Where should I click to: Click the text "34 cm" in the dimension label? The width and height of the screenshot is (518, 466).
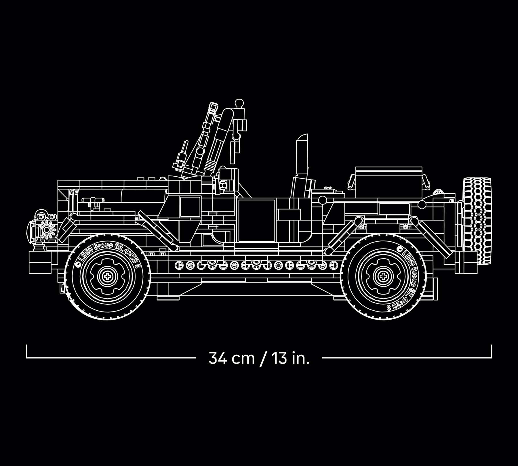[232, 358]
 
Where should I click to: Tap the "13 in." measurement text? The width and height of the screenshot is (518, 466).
[290, 358]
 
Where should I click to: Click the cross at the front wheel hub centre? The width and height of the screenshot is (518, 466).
[108, 277]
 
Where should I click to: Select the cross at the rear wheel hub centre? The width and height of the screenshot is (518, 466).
[383, 277]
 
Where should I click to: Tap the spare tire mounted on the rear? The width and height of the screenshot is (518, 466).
[477, 221]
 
